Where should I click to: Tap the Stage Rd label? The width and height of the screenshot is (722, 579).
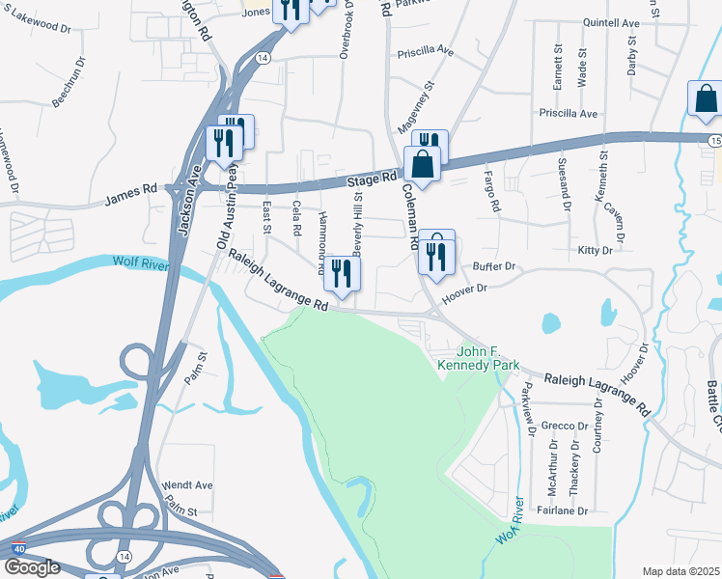373,179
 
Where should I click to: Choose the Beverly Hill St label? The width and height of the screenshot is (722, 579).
357,224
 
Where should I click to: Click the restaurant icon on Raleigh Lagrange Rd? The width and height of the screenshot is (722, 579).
341,274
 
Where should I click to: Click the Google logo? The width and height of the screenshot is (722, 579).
32,567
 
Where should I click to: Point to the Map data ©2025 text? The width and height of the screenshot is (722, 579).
680,571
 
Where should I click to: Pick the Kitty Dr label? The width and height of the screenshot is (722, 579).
595,250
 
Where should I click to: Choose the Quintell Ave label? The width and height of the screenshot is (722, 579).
612,23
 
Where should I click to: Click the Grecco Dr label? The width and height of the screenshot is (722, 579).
565,426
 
